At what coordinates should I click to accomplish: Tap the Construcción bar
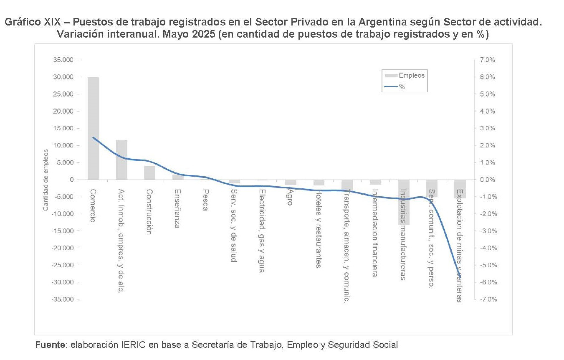click(x=149, y=172)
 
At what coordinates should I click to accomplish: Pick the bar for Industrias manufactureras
click(x=404, y=202)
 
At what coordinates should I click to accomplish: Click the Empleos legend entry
click(x=412, y=76)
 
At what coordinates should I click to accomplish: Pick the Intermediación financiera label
click(x=375, y=233)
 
